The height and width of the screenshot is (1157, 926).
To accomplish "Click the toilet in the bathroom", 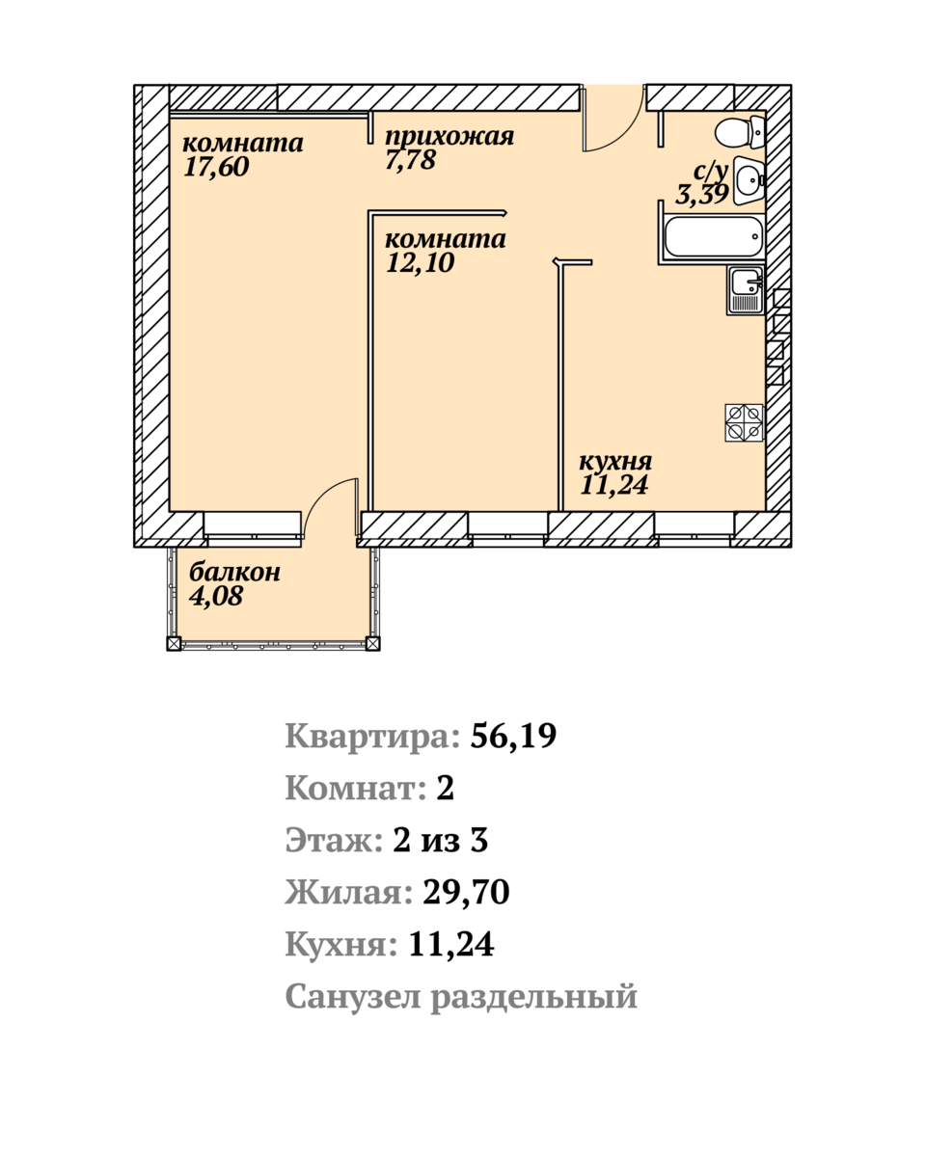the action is pos(741,131).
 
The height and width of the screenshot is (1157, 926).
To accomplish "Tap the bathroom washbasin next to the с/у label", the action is pos(749,180).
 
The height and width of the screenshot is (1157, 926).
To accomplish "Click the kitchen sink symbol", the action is pos(746,290).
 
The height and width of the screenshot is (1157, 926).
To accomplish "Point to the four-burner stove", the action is pos(744,422).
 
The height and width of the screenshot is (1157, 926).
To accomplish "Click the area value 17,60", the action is pos(216,167).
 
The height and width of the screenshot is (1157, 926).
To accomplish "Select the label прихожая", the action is pos(449,137).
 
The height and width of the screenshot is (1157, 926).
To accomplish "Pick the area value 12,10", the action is pos(421,262).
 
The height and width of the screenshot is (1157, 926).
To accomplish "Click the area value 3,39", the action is pos(702,194).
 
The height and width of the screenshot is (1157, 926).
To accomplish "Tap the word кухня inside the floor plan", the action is pos(615,461).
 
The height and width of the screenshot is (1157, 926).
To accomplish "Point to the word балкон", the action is pos(234,572).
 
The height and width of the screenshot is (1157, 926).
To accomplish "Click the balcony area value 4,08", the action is pos(216,596).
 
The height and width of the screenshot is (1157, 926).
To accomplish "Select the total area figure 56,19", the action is pos(513,736).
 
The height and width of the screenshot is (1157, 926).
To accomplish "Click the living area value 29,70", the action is pos(466,892).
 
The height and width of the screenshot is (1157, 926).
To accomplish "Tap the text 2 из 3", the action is pos(440,840).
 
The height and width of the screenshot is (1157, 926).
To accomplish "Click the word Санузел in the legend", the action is pos(352,996).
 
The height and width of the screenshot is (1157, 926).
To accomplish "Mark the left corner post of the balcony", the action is pos(174,643).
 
